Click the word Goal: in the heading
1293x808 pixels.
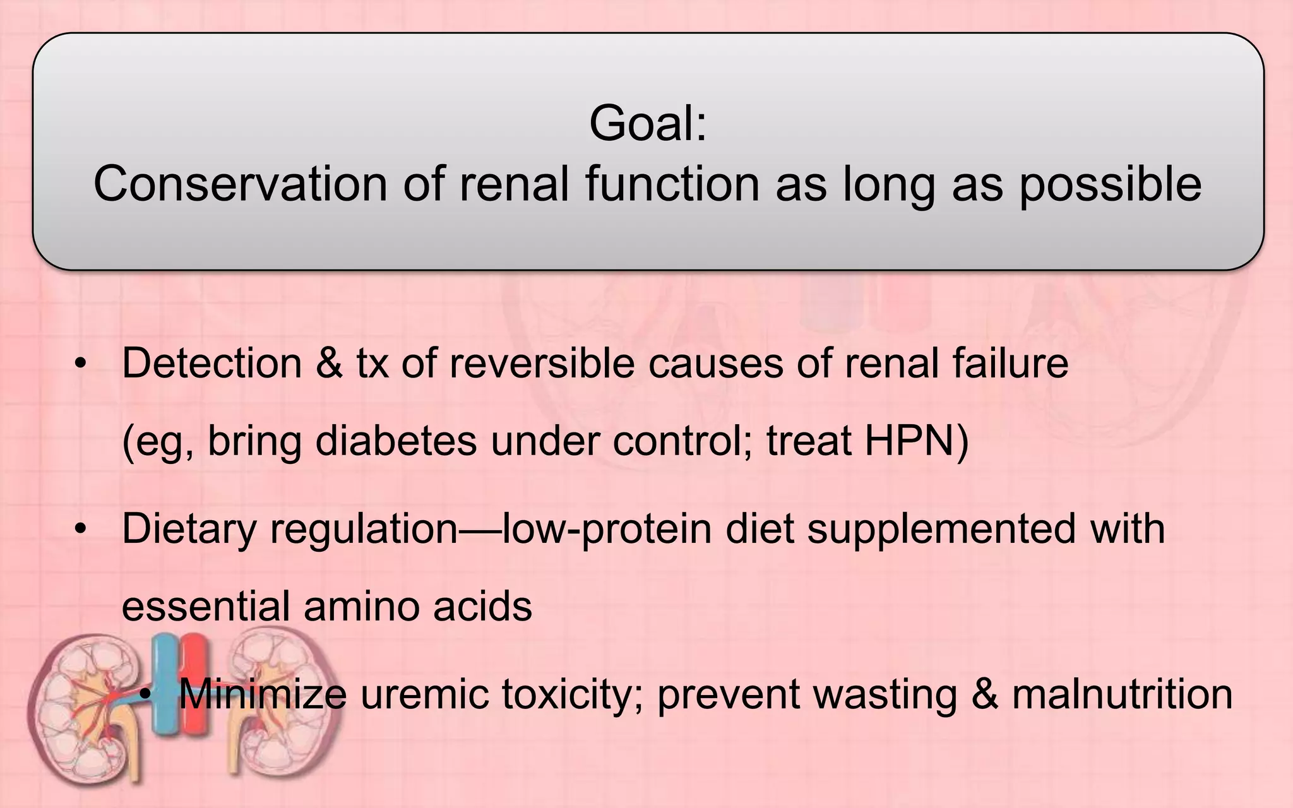648,124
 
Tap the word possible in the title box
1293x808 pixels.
1110,184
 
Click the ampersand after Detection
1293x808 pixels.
329,364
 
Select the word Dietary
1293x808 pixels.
189,529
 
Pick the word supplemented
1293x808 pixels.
941,529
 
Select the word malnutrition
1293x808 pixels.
1122,694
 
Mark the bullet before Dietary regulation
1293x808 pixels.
80,530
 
